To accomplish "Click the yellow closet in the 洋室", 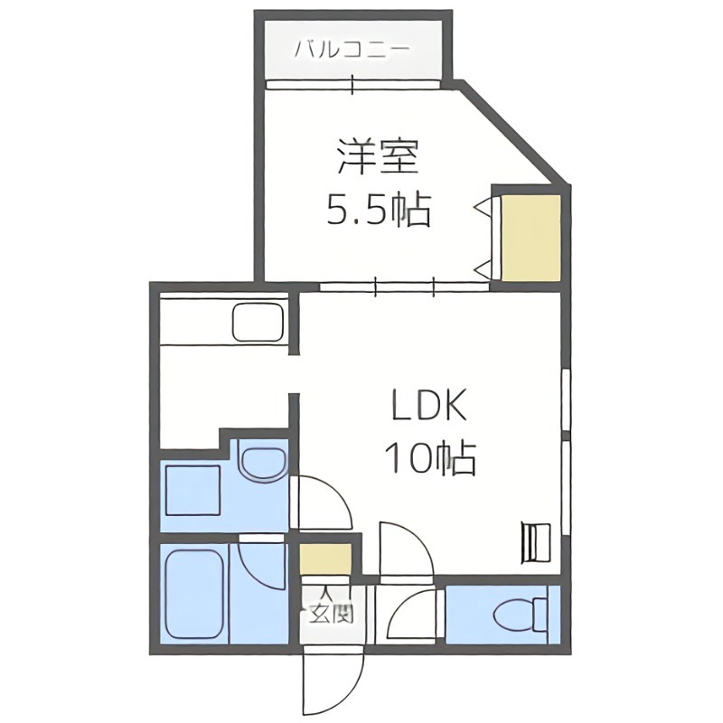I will click(x=531, y=235).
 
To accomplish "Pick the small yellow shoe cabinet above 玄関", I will click(x=325, y=558).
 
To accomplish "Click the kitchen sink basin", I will click(x=258, y=322).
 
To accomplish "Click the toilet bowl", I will click(x=519, y=615).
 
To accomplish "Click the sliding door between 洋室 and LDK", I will click(x=404, y=286).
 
